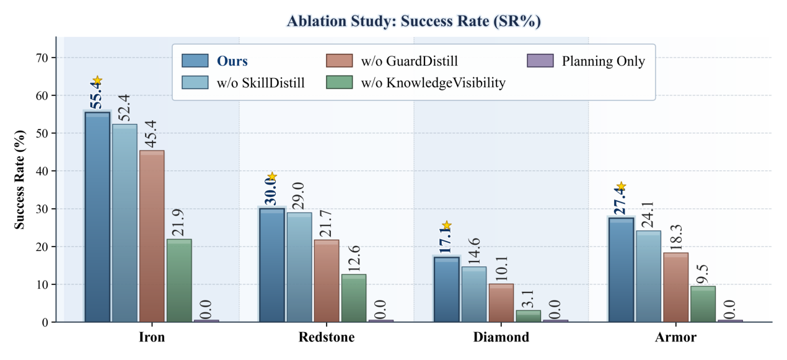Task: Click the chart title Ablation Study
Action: (x=413, y=21)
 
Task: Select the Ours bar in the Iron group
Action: (x=97, y=217)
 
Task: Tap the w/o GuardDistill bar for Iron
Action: (x=152, y=236)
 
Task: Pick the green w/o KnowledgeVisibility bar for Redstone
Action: (x=354, y=298)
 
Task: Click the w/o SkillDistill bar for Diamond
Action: (x=474, y=294)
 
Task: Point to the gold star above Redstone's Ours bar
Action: (x=271, y=177)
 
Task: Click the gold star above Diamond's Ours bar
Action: (x=447, y=226)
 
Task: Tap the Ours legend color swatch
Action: (x=195, y=61)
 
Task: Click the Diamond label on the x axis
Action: (x=501, y=338)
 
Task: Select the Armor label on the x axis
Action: (x=675, y=338)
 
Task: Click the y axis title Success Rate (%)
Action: (x=20, y=180)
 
